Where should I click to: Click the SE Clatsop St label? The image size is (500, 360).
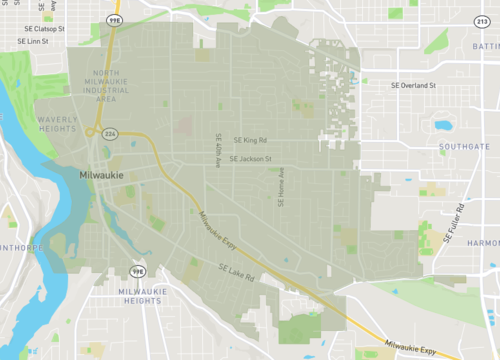click(42, 30)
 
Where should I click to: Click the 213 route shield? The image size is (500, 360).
click(478, 20)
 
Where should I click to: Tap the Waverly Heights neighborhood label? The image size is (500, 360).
click(58, 123)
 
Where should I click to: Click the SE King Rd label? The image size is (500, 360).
click(252, 140)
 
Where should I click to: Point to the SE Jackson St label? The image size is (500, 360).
click(250, 158)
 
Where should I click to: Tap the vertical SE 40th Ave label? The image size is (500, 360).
click(218, 148)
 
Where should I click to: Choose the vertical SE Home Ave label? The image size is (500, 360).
click(281, 187)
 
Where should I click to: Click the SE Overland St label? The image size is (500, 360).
click(413, 86)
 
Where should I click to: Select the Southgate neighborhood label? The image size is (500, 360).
click(464, 146)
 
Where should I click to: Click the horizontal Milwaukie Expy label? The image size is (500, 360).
click(433, 351)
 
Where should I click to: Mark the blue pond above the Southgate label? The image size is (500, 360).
click(443, 127)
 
